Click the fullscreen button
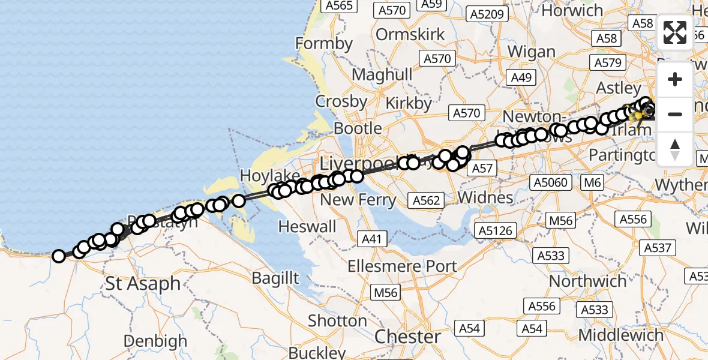point(675,32)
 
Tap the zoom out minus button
point(675,114)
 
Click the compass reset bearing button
point(675,148)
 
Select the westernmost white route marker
point(59,256)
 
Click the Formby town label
point(324,44)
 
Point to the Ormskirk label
point(410,34)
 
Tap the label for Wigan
point(531,52)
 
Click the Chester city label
point(408,337)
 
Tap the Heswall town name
point(308,226)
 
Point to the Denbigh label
point(155,341)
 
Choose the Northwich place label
point(588,281)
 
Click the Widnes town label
point(485,197)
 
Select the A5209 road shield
point(487,14)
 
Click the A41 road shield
point(372,239)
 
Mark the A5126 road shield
point(496,230)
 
